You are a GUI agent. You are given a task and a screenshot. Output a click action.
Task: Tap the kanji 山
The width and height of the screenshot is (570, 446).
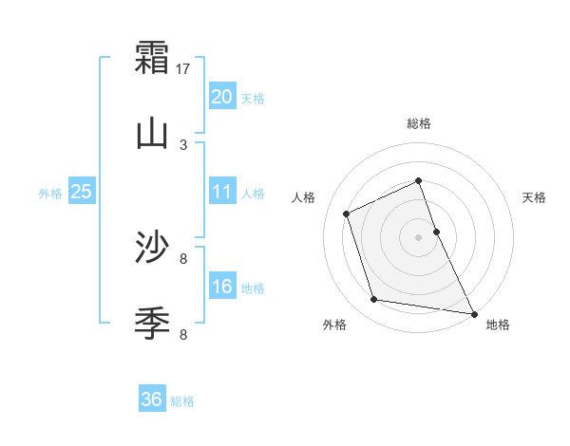point(153,134)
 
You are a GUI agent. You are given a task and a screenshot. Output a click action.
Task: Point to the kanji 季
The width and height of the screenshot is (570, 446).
point(153,324)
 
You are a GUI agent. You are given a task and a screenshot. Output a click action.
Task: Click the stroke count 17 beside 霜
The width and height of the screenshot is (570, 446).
point(184,69)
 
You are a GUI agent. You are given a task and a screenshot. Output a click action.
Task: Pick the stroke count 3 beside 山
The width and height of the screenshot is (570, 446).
point(184,144)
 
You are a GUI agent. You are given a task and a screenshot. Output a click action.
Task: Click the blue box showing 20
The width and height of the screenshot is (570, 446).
point(222,96)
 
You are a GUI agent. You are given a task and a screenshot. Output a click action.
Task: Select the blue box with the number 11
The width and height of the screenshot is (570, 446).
point(222,192)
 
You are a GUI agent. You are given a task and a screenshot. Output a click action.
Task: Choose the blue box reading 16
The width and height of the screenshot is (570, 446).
point(222,287)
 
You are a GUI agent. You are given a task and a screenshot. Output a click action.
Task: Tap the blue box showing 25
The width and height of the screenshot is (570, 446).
point(82,192)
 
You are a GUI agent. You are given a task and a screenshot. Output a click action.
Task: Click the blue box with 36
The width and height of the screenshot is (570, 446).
point(152,400)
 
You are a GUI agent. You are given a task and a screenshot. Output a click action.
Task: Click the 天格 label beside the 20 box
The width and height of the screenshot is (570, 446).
point(253,99)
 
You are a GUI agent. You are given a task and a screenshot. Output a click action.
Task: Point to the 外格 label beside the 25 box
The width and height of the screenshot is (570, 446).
point(50,194)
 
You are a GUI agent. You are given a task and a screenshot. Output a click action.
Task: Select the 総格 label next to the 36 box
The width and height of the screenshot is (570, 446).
point(183,401)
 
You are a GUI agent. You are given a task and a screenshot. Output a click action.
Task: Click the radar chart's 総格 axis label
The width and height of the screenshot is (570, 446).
point(419,123)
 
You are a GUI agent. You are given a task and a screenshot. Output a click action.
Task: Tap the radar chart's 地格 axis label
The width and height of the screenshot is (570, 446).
point(498,325)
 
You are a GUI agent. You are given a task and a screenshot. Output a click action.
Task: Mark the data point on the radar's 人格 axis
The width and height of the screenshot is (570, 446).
point(347,214)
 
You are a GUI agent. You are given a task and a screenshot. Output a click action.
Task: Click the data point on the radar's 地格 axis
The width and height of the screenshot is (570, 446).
point(473,312)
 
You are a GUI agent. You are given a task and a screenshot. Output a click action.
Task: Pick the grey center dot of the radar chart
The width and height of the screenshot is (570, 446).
point(419,237)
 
